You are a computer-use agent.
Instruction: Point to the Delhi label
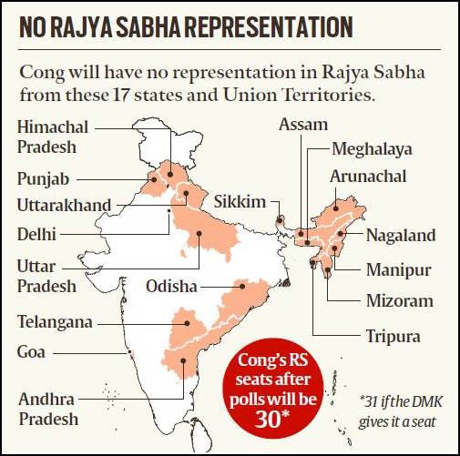[x=36, y=234]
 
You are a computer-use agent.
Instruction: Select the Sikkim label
[x=240, y=200]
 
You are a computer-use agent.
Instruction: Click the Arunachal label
[x=368, y=176]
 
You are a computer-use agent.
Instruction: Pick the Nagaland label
[x=401, y=236]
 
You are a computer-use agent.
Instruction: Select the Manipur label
[x=398, y=269]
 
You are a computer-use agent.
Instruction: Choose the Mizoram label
[x=399, y=301]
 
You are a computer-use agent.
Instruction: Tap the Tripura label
[x=393, y=336]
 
